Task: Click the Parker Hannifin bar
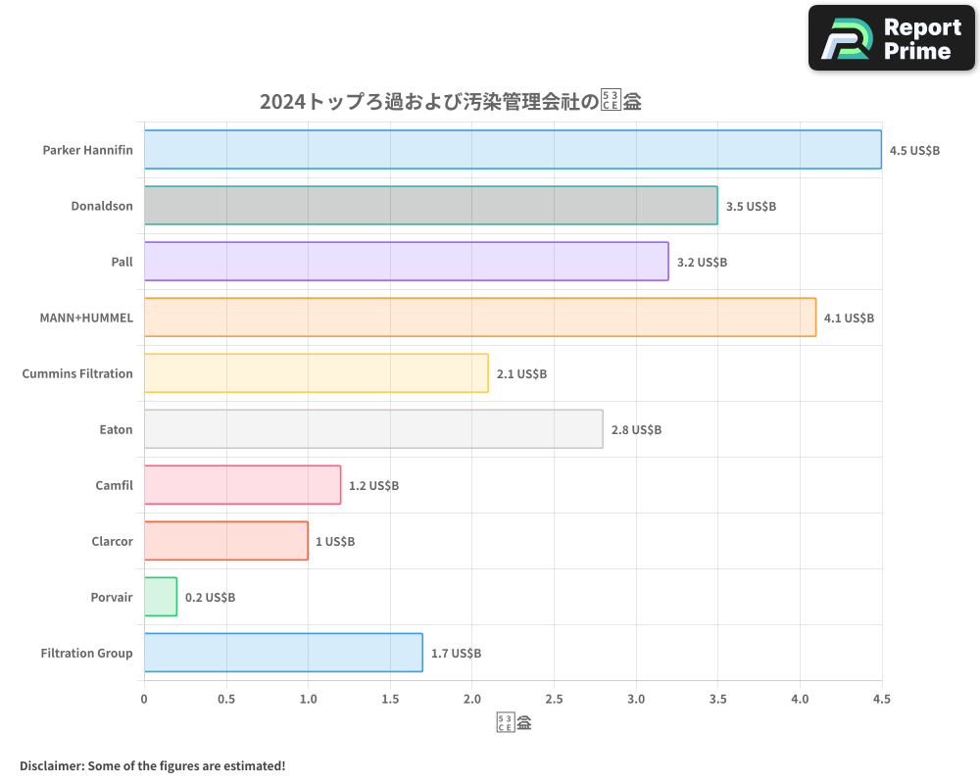pyautogui.click(x=513, y=150)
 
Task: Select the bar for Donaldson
pyautogui.click(x=430, y=206)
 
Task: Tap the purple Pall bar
pyautogui.click(x=406, y=262)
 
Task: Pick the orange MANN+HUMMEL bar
pyautogui.click(x=479, y=318)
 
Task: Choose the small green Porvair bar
pyautogui.click(x=161, y=597)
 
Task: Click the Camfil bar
pyautogui.click(x=242, y=485)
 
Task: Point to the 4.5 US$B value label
pyautogui.click(x=914, y=151)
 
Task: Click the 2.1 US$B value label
pyautogui.click(x=521, y=374)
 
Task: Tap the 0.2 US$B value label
pyautogui.click(x=210, y=598)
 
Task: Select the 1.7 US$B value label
pyautogui.click(x=456, y=654)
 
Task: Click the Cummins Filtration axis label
pyautogui.click(x=77, y=373)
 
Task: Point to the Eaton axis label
pyautogui.click(x=116, y=429)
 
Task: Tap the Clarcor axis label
pyautogui.click(x=112, y=541)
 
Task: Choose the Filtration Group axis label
pyautogui.click(x=86, y=653)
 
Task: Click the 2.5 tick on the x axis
pyautogui.click(x=554, y=700)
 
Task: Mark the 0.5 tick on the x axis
pyautogui.click(x=226, y=700)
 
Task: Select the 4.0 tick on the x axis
pyautogui.click(x=800, y=700)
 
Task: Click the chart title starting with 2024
pyautogui.click(x=450, y=101)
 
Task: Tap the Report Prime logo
pyautogui.click(x=892, y=38)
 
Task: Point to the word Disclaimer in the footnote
pyautogui.click(x=51, y=765)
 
